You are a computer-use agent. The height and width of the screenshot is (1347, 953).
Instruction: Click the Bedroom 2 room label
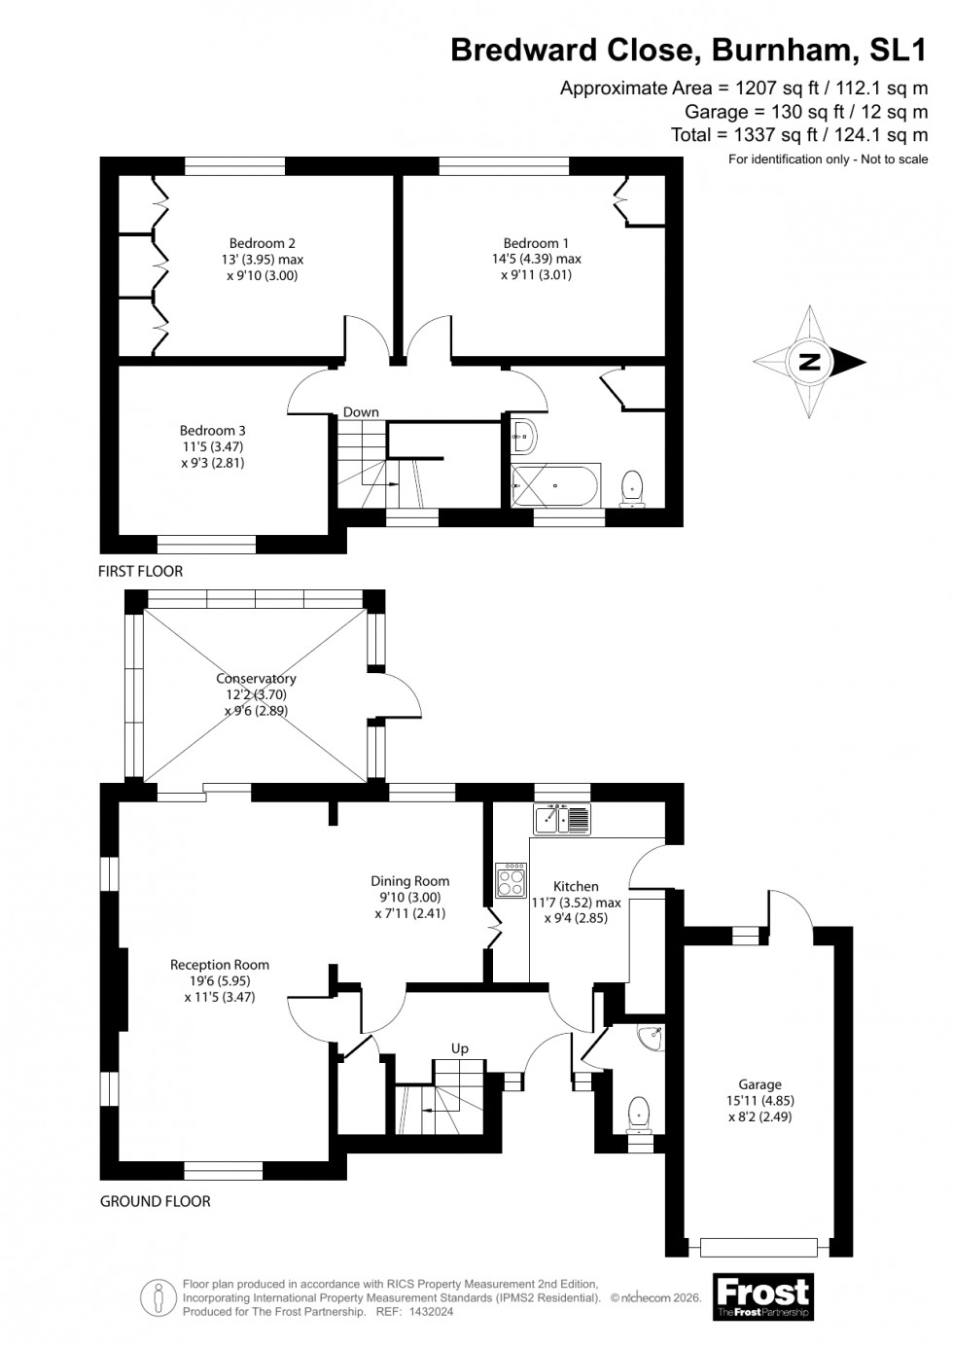(263, 243)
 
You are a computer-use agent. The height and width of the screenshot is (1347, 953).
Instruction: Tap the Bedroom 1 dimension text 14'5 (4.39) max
(536, 259)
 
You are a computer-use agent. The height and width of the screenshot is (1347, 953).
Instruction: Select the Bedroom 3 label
(212, 430)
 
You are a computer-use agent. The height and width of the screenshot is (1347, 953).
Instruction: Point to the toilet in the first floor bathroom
(633, 486)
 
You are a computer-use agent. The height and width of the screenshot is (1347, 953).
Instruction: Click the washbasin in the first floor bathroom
(523, 437)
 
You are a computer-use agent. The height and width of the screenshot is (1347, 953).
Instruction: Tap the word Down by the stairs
(361, 412)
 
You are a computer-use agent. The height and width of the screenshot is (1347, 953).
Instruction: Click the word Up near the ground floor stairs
(460, 1048)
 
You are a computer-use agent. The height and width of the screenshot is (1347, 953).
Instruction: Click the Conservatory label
(256, 679)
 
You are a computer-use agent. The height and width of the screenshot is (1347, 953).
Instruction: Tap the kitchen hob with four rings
(511, 880)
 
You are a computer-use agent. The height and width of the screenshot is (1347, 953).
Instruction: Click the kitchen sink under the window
(562, 819)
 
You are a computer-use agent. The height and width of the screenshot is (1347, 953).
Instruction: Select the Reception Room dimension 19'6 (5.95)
(220, 980)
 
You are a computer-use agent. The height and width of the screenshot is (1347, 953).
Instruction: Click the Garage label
(759, 1084)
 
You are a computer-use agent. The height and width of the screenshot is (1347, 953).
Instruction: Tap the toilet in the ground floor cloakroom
(639, 1112)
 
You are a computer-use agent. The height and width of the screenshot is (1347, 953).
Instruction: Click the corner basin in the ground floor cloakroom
(650, 1039)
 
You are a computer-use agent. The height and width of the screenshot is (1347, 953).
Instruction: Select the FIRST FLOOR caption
(140, 571)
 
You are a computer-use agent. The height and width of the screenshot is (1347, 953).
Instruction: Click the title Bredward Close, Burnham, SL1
(688, 50)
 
